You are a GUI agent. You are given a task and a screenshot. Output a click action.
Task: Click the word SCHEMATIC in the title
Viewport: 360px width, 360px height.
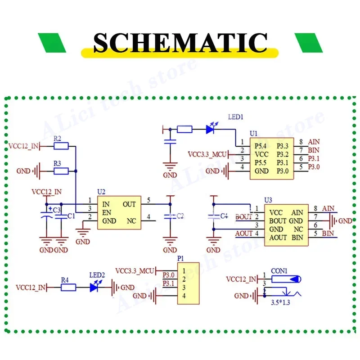tap(180, 43)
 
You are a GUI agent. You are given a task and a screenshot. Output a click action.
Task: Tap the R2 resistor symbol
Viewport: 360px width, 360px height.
tap(61, 146)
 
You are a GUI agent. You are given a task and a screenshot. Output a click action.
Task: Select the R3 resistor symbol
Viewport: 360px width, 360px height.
tap(61, 171)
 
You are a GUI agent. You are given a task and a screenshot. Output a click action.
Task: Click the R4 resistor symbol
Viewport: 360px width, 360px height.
tap(68, 288)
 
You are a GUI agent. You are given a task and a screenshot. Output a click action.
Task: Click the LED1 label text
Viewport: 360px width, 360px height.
tap(235, 117)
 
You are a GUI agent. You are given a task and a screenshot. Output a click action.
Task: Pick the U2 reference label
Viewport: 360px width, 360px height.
tap(101, 192)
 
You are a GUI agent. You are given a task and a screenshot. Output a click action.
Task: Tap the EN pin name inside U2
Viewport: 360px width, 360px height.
tap(107, 212)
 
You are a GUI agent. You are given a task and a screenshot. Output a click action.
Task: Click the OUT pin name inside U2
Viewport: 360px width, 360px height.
tap(129, 204)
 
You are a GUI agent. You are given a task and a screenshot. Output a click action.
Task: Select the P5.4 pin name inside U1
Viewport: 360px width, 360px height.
tap(261, 146)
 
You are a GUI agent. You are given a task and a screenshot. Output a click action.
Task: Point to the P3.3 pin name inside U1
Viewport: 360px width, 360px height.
tap(283, 146)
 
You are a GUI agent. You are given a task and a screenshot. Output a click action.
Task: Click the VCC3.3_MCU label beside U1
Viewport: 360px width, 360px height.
tap(207, 154)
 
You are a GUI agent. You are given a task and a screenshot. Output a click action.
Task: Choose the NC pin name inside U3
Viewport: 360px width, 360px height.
tap(298, 229)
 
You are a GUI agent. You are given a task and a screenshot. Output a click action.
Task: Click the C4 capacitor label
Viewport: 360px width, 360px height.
tap(224, 216)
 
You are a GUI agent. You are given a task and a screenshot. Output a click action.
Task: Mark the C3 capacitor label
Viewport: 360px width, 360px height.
tap(57, 210)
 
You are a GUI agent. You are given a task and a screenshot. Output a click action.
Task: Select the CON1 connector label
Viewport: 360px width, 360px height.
tap(279, 271)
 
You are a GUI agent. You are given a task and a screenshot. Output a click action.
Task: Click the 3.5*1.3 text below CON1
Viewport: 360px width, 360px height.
tap(280, 302)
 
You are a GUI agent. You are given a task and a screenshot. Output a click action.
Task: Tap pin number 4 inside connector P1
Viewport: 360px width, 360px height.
tap(184, 296)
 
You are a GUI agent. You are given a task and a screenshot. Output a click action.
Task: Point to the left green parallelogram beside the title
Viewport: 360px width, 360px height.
tap(52, 43)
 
